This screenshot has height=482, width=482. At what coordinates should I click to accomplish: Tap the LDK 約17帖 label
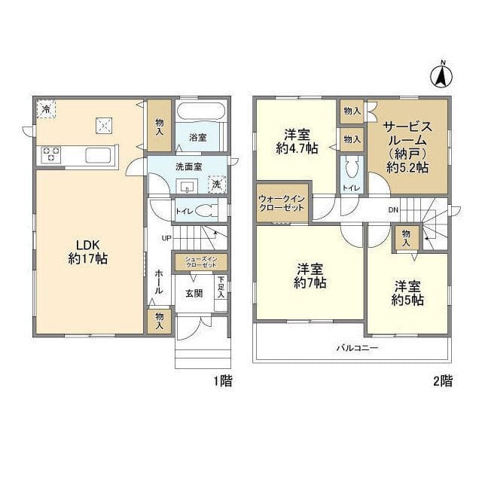[88, 252]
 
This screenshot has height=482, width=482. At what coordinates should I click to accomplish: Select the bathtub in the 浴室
[202, 111]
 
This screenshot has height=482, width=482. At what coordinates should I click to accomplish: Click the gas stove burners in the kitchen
[50, 154]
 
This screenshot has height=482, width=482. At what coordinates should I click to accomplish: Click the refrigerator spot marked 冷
[46, 108]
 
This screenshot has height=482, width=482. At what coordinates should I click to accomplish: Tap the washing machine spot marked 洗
[217, 185]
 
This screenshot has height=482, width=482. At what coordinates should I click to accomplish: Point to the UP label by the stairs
[166, 238]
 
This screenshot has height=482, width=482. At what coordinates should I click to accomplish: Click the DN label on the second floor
[393, 210]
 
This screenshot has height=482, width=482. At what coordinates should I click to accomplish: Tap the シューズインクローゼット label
[201, 262]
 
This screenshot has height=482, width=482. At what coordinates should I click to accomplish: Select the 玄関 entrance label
[194, 294]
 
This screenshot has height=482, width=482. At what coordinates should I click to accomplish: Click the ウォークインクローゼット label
[282, 203]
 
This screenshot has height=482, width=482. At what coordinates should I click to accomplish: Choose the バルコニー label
[357, 348]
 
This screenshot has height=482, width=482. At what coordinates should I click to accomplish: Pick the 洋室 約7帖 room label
[310, 276]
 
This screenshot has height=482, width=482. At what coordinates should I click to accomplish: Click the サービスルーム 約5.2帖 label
[407, 148]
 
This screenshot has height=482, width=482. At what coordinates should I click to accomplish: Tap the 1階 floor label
[223, 381]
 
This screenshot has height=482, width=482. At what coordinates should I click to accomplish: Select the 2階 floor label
[443, 381]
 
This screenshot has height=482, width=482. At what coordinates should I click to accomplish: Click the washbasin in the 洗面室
[187, 186]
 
